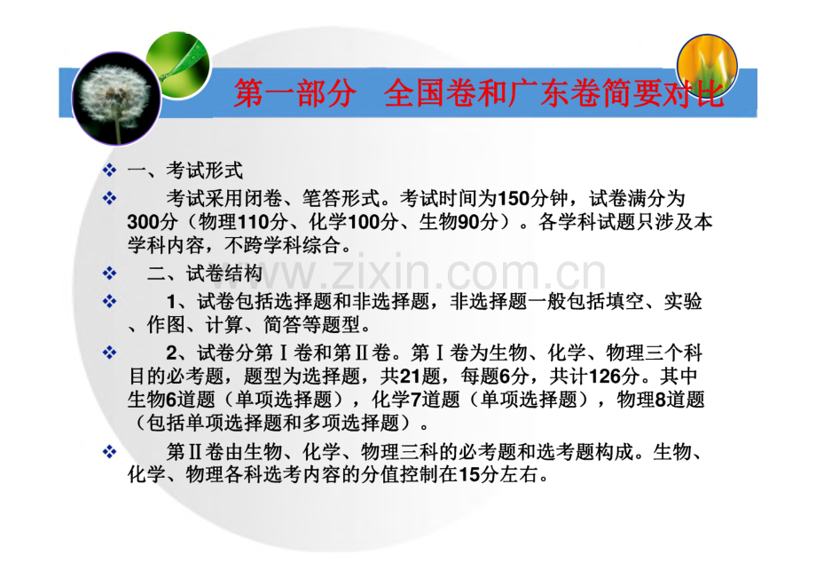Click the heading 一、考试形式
[184, 171]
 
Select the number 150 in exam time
[514, 196]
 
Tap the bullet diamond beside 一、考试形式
[109, 171]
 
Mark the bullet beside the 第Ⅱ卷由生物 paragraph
[109, 452]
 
